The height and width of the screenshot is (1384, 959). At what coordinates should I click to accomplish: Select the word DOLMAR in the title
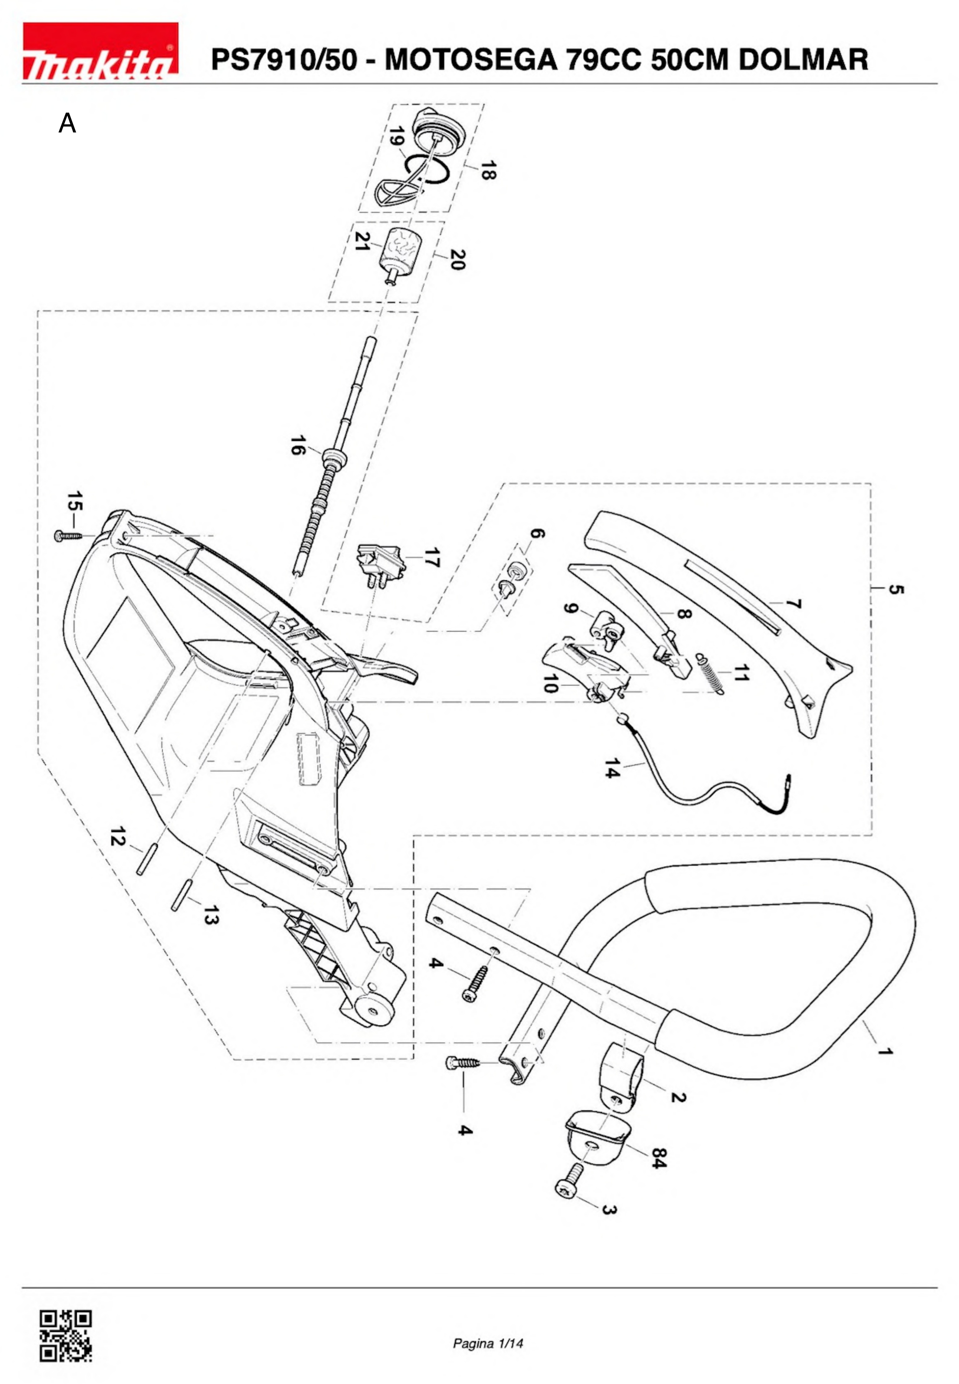coord(803,60)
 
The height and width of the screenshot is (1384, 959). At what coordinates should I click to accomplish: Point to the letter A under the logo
coord(67,124)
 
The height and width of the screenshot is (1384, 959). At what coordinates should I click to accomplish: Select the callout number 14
coord(612,768)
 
